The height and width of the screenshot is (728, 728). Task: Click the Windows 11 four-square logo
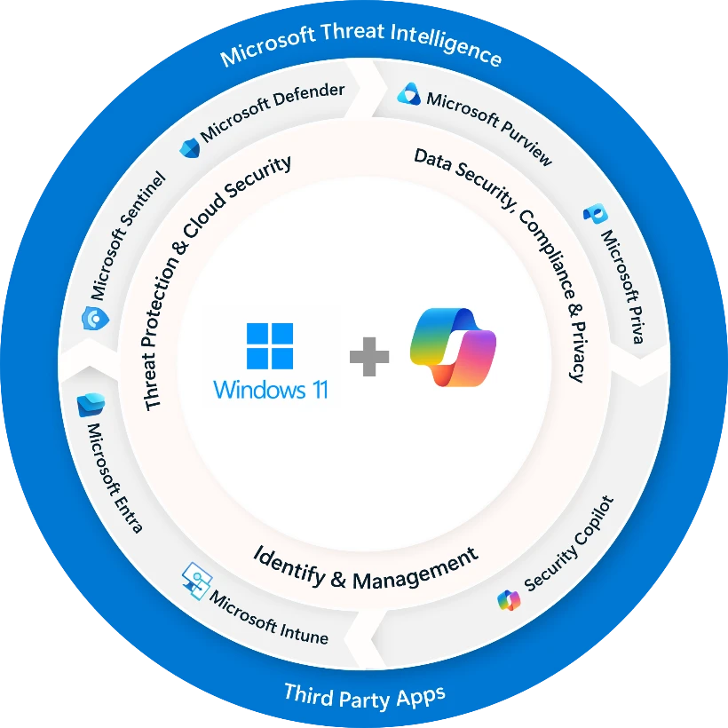coord(270,346)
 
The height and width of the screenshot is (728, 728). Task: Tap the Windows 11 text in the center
coord(270,389)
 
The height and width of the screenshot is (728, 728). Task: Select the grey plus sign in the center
coord(368,358)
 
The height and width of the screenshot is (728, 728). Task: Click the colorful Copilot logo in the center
coord(453,347)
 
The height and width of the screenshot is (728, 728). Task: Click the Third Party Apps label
coord(364,693)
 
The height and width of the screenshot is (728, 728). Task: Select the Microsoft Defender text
coord(272,115)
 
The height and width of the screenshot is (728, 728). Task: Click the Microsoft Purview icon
coord(408,93)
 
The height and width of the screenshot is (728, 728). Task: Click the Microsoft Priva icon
coord(594,214)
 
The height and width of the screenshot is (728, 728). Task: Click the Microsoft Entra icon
coord(91,405)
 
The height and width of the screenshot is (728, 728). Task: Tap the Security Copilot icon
coord(509,600)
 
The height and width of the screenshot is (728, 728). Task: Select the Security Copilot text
coord(569,543)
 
